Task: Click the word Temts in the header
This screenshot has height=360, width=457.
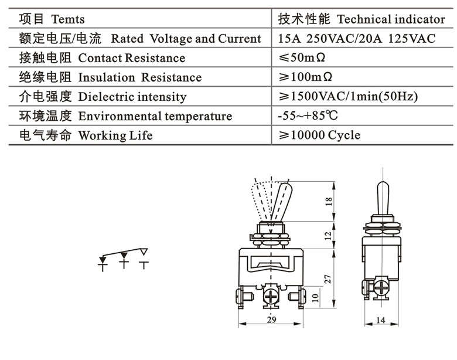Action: coord(69,19)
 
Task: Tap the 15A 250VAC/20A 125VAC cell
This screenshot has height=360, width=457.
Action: coord(357,39)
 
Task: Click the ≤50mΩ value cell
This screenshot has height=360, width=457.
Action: coord(306,58)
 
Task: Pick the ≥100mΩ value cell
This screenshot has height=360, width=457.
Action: coord(306,77)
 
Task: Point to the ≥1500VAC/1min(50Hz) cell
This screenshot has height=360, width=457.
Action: coord(348,97)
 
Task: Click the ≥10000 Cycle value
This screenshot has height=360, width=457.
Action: coord(319,135)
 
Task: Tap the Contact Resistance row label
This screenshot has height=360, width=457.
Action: coord(131,58)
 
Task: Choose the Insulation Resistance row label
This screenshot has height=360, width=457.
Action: coord(139,77)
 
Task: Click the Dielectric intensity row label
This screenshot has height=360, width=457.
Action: coord(132,97)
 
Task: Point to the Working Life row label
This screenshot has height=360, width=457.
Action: coord(115,135)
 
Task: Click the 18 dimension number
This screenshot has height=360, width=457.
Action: coord(329,201)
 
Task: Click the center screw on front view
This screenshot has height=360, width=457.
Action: coord(272,295)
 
